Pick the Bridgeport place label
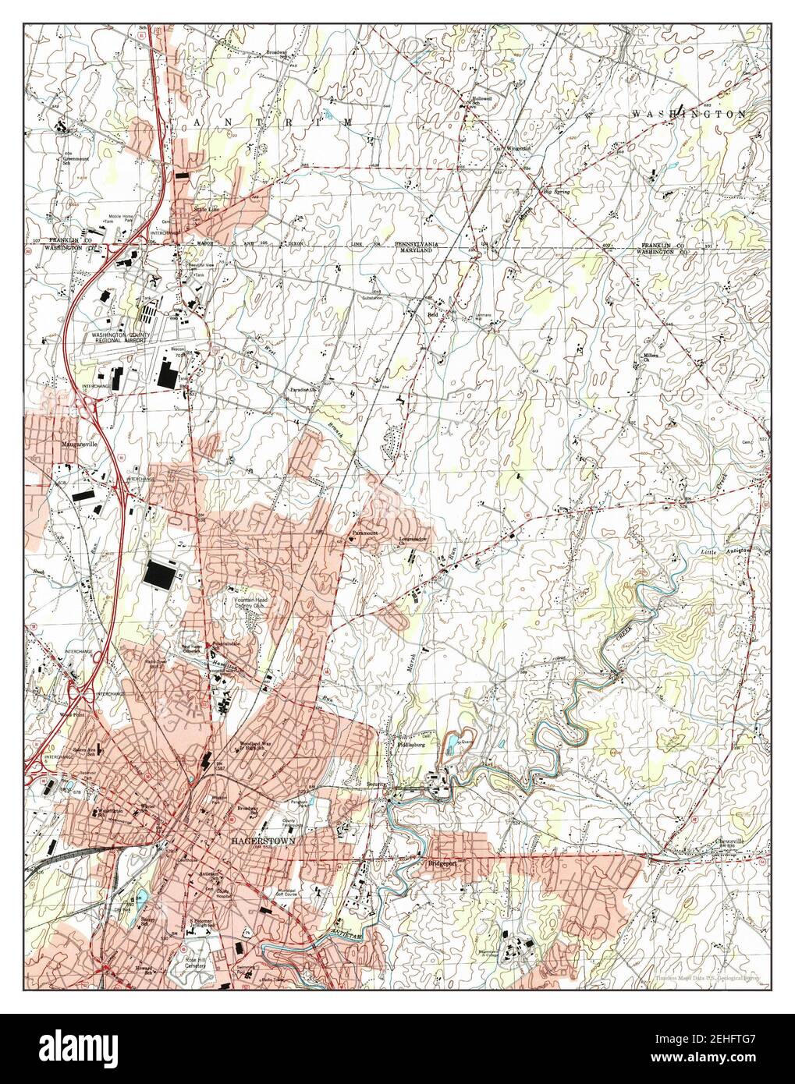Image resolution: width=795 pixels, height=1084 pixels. (x=441, y=864)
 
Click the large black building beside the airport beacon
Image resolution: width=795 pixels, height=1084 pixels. (x=169, y=373)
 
